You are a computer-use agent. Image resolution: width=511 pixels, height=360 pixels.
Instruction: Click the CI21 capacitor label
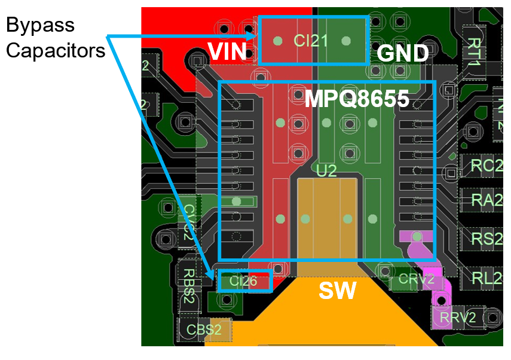(311, 41)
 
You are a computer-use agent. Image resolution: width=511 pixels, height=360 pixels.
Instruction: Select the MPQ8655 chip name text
(357, 99)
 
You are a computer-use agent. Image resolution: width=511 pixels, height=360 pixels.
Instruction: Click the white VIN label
(227, 53)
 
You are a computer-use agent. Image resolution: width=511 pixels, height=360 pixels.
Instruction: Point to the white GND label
(402, 54)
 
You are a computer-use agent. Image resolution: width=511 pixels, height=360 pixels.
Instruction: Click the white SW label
(337, 291)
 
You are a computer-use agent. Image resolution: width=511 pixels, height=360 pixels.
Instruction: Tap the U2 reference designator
(326, 171)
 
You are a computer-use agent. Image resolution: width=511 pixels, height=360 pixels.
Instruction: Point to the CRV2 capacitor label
(415, 279)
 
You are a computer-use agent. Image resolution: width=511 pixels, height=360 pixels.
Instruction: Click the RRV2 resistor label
(458, 318)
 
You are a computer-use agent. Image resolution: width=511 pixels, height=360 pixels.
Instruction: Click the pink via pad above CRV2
(417, 237)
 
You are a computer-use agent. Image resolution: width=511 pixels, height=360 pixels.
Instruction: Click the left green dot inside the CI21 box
(277, 41)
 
